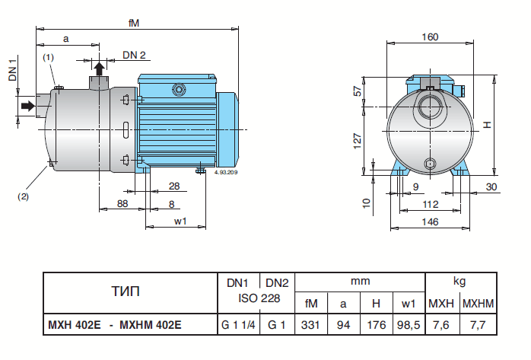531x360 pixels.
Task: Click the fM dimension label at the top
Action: (x=133, y=23)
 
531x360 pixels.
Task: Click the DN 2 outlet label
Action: (x=134, y=56)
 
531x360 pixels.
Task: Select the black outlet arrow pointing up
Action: (x=98, y=68)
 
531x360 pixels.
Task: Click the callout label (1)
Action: (x=48, y=57)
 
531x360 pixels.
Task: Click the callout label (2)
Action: (x=23, y=196)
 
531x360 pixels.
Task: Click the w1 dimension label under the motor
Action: (x=180, y=221)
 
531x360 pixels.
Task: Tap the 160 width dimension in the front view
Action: (x=430, y=36)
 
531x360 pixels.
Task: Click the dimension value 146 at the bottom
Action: (x=431, y=221)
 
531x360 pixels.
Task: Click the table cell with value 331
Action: (x=311, y=324)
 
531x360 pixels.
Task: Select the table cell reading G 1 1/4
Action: (x=239, y=324)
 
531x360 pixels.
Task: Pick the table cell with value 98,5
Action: (x=408, y=324)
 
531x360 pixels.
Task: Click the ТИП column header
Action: (x=126, y=291)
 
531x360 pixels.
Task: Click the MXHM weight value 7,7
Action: (x=479, y=324)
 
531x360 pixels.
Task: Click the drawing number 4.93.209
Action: (x=227, y=174)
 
